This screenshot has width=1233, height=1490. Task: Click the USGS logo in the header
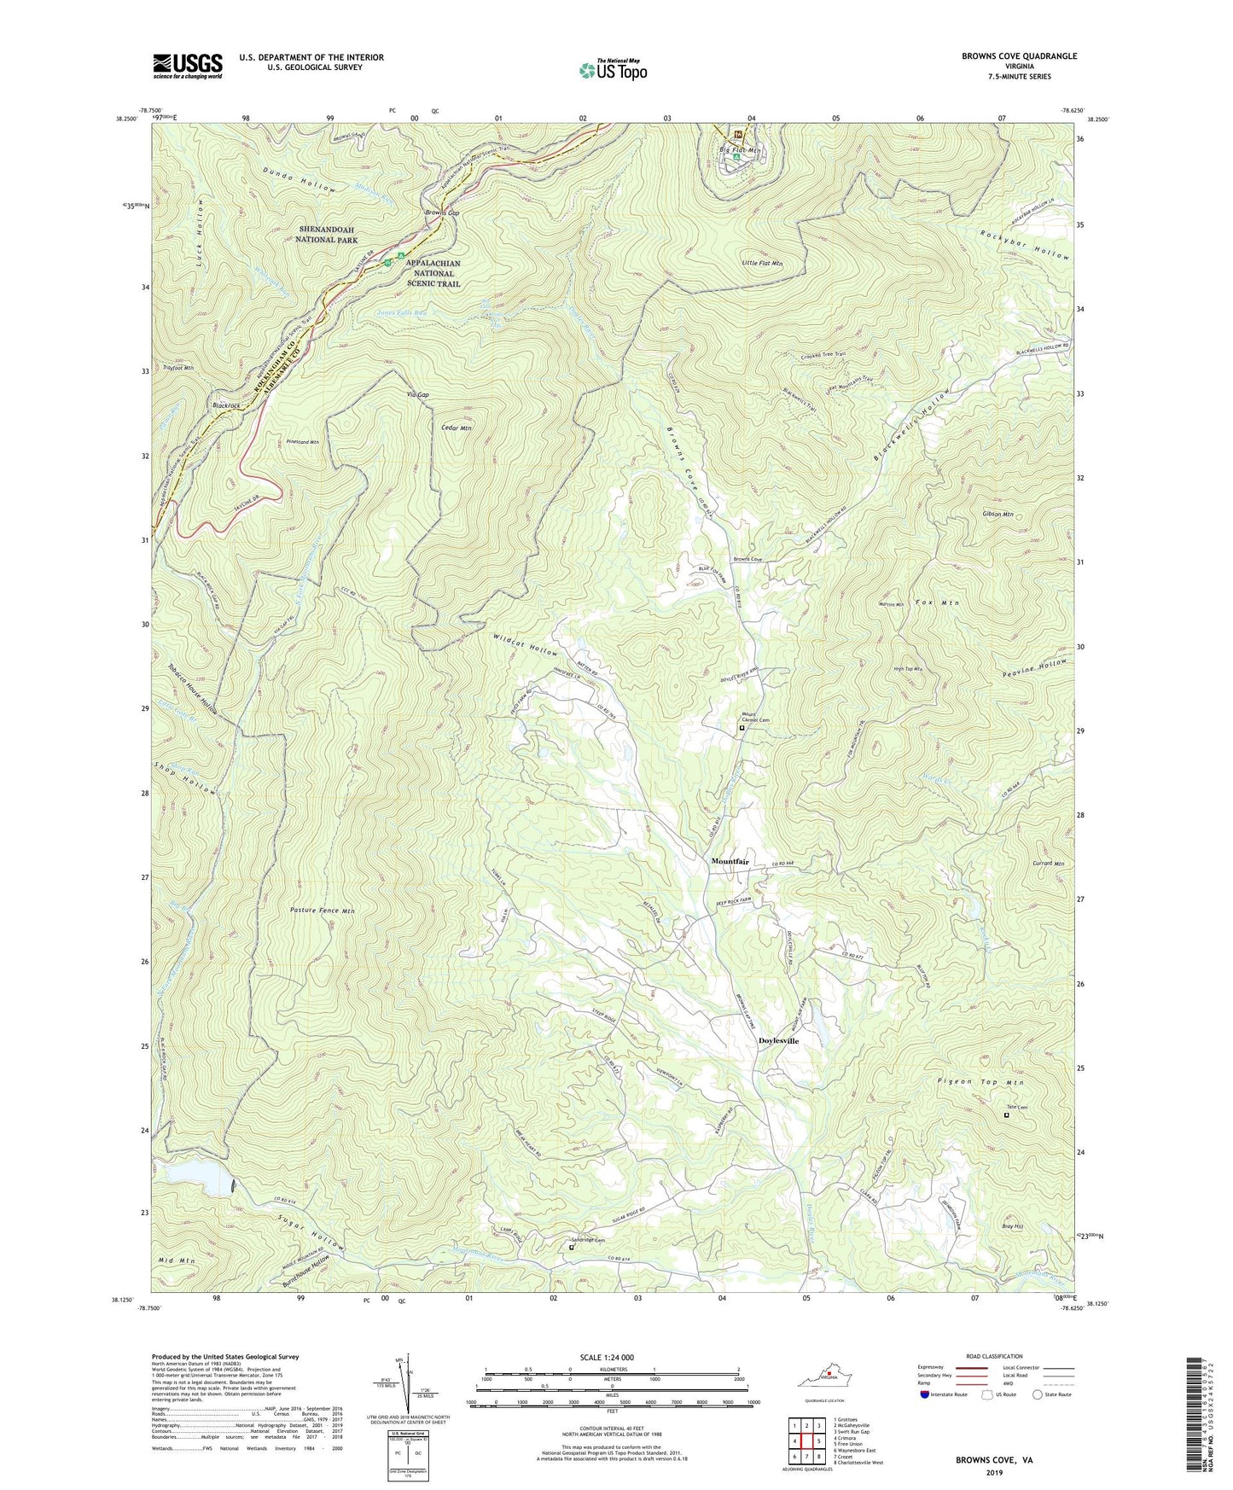[x=188, y=65]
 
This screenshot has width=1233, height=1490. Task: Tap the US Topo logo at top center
[x=611, y=70]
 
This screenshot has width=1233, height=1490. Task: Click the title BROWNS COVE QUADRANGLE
[x=1019, y=56]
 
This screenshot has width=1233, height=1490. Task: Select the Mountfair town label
[x=730, y=862]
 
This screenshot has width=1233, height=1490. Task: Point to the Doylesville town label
[x=778, y=1041]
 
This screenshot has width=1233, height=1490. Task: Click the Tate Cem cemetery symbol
[x=1006, y=1115]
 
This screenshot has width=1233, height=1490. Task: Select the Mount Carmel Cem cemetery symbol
[x=742, y=729]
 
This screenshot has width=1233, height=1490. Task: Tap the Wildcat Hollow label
[x=525, y=644]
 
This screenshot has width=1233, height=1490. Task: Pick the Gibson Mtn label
[x=997, y=515]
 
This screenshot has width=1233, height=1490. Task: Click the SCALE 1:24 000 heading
[x=607, y=1358]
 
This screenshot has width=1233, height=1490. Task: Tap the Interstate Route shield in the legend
[x=926, y=1394]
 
